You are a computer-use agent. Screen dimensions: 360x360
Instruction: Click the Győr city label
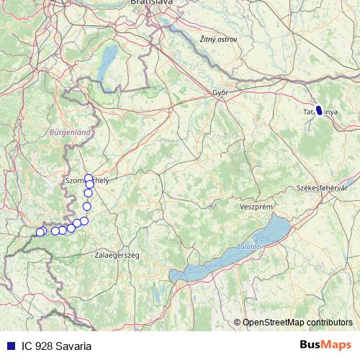click(x=220, y=93)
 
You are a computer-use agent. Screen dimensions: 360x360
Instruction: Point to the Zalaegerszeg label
click(x=117, y=255)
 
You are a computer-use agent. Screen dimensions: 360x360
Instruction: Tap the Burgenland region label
click(x=70, y=132)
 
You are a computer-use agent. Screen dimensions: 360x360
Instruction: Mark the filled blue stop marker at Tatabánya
click(x=319, y=110)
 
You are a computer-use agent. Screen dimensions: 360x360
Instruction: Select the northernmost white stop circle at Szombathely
click(x=89, y=178)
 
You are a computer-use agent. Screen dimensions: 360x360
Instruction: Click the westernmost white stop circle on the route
click(x=40, y=232)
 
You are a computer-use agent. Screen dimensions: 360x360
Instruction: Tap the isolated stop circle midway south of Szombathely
click(x=87, y=207)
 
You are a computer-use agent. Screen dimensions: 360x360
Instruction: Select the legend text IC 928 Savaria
click(x=56, y=346)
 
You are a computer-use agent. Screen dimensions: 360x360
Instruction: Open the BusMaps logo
click(x=325, y=346)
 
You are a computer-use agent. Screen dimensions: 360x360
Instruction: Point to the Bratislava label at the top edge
click(x=150, y=3)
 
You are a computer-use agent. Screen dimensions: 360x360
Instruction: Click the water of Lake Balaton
click(x=216, y=263)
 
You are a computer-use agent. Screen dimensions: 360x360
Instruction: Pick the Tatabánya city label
click(x=320, y=112)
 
